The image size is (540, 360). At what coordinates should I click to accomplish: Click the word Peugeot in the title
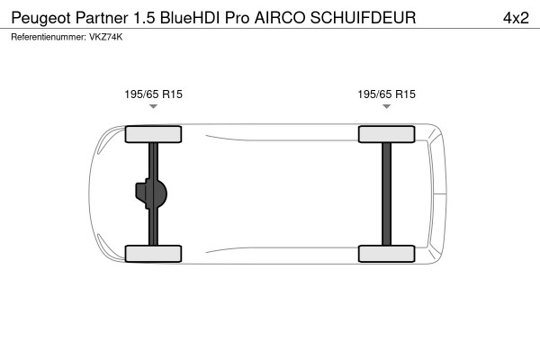pos(39,18)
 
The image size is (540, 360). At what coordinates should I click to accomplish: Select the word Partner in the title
pos(100,18)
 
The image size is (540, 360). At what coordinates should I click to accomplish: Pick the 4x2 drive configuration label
pos(514,18)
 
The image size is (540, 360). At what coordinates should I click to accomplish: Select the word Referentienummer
pos(46,37)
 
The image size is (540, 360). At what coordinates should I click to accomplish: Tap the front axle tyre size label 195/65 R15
pos(153,94)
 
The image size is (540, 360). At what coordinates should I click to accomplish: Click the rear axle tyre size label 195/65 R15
pos(387,94)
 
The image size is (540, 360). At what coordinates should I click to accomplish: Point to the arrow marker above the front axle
pos(153,107)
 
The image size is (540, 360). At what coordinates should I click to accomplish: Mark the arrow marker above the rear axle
pos(387,107)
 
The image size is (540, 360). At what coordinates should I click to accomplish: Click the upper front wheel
pos(153,135)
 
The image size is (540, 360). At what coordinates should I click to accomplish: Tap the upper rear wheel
pos(387,135)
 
